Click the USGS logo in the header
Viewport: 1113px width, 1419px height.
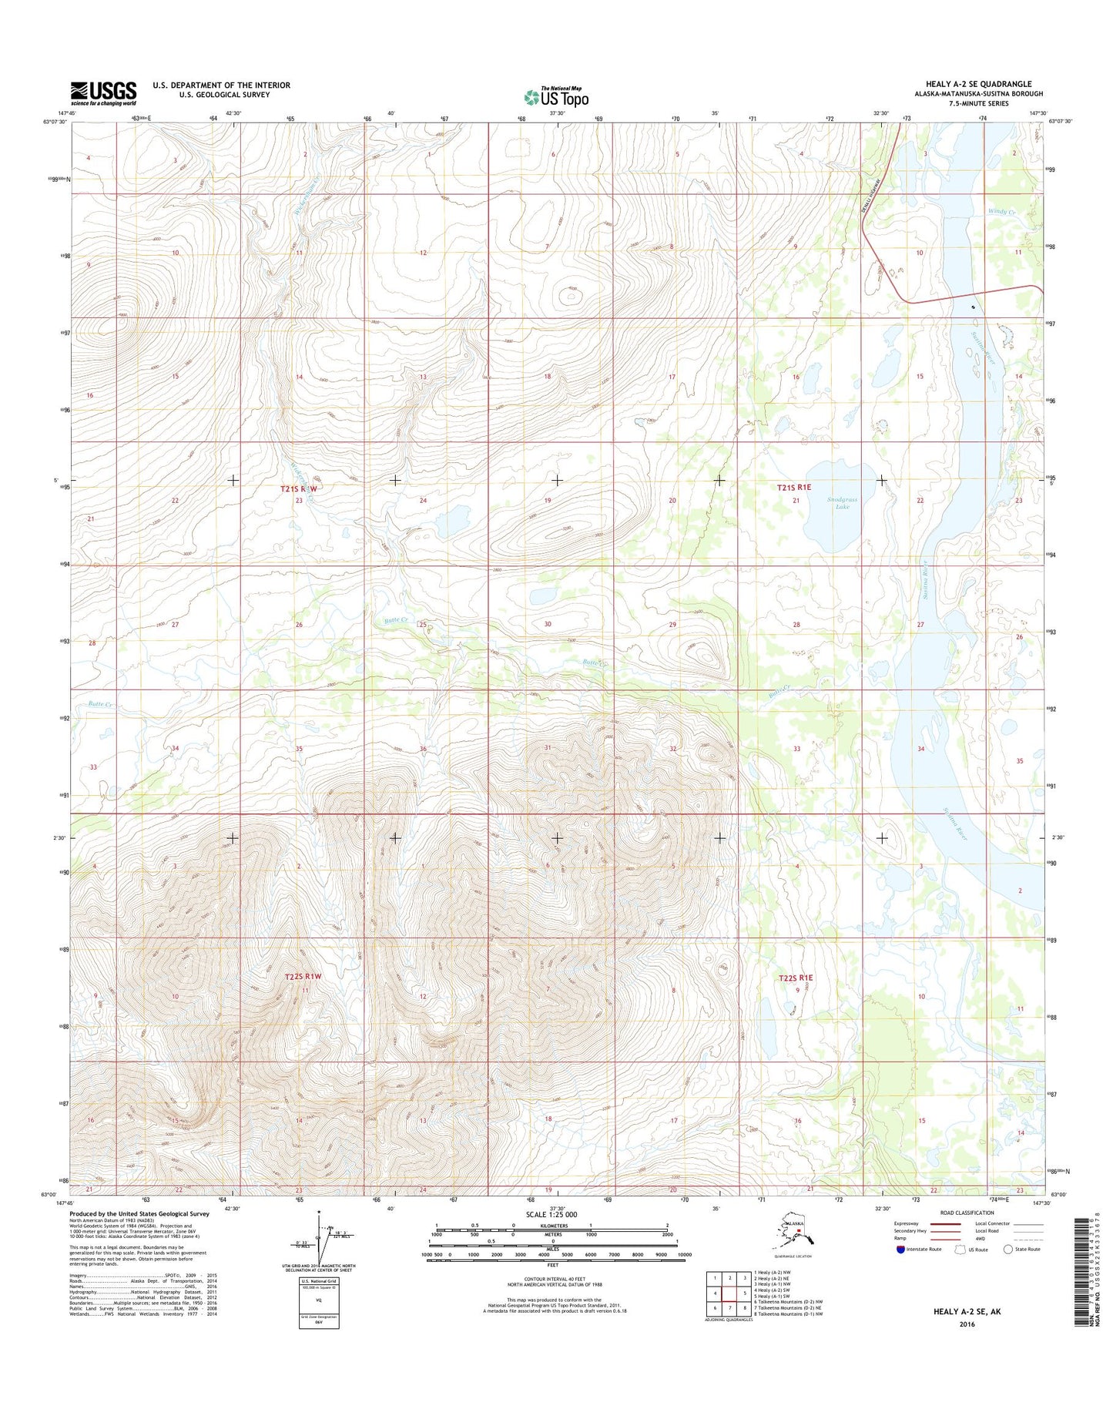[x=103, y=93]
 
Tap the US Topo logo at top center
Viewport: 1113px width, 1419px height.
[x=556, y=96]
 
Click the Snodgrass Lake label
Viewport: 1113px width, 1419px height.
[x=842, y=503]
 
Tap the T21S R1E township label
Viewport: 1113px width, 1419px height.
[x=794, y=487]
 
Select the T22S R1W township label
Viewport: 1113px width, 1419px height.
[x=302, y=977]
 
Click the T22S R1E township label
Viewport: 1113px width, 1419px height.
[x=795, y=978]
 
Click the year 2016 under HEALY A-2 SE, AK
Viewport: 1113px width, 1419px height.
[x=967, y=1325]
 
